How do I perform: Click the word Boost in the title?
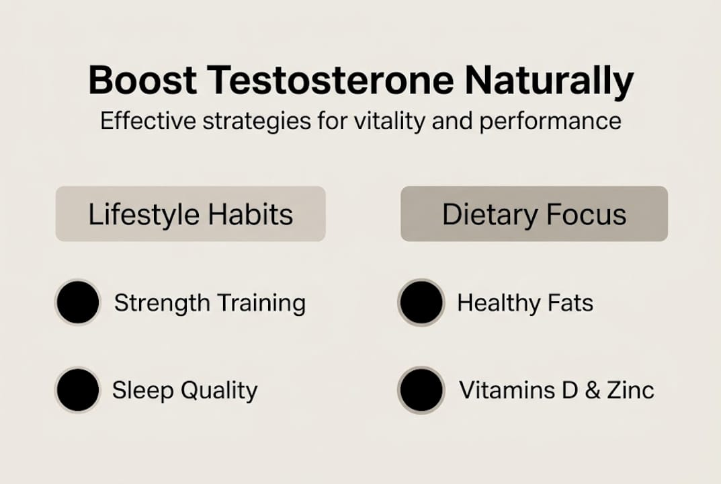(142, 81)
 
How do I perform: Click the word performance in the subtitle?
(554, 122)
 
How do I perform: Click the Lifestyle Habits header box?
(190, 214)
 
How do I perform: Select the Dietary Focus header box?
(534, 214)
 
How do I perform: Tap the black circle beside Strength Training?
(78, 302)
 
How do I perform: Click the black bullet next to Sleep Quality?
(78, 390)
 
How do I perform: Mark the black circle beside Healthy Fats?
(421, 302)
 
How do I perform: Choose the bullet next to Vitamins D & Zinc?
(421, 390)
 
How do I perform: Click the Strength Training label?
(210, 303)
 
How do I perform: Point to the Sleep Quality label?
(185, 391)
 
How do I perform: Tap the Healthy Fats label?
(525, 302)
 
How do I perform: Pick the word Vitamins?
(503, 390)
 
